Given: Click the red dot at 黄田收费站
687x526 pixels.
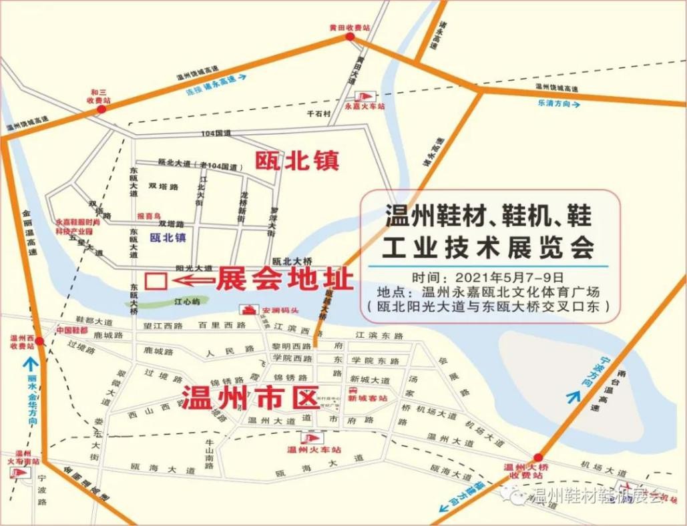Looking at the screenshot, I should point(350,37).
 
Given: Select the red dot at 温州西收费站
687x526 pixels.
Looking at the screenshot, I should point(39,341).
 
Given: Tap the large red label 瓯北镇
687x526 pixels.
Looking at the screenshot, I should point(297,160).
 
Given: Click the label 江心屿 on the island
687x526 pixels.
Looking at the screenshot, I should point(187,301).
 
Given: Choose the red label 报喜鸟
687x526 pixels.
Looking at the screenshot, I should point(150,216).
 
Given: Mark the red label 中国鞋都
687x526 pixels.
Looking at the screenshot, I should point(71,330).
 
